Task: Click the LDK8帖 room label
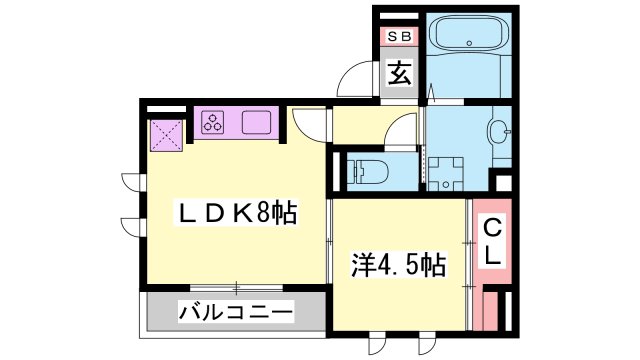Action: (x=237, y=214)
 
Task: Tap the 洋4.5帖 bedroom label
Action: (x=398, y=266)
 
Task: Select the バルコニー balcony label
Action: (x=236, y=312)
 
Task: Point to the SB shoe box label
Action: (x=399, y=38)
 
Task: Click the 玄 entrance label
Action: (x=399, y=74)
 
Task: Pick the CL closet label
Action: (x=492, y=242)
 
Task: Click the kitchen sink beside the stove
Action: (x=255, y=123)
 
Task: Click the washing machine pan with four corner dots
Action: (x=444, y=170)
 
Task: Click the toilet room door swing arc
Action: (x=402, y=131)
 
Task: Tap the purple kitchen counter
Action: (x=235, y=123)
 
